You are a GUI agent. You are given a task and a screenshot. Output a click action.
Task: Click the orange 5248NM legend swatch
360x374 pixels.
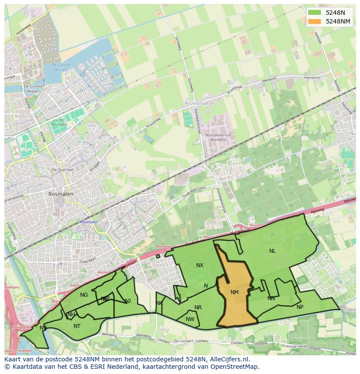[314, 21]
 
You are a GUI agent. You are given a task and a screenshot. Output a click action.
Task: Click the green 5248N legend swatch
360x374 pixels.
[314, 13]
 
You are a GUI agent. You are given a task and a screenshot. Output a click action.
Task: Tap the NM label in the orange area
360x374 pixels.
[234, 292]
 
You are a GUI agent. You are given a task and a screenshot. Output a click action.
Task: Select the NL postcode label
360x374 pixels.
[272, 251]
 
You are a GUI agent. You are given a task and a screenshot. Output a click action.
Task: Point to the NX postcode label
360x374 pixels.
[200, 265]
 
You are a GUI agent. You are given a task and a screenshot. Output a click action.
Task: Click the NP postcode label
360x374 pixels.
[300, 307]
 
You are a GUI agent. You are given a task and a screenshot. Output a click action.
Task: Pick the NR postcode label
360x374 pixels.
[198, 308]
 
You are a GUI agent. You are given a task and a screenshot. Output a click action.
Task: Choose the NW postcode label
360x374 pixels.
[190, 319]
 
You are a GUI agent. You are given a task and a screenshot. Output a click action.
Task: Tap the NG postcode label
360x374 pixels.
[84, 295]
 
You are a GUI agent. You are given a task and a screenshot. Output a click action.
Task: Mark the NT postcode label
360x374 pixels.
[77, 326]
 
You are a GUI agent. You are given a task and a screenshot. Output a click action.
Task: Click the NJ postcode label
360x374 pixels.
[128, 301]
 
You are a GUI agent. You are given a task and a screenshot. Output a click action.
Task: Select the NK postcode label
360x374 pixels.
[159, 303]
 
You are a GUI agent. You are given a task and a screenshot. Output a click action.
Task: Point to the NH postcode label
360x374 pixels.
[71, 314]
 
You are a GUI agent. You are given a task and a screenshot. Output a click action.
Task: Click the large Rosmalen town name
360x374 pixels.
[61, 194]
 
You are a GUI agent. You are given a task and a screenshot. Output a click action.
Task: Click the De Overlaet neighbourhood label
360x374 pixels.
[62, 169]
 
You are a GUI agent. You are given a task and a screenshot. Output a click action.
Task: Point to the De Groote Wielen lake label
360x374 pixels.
[60, 67]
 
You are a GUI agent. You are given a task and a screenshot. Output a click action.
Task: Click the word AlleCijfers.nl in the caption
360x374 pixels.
[229, 359]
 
